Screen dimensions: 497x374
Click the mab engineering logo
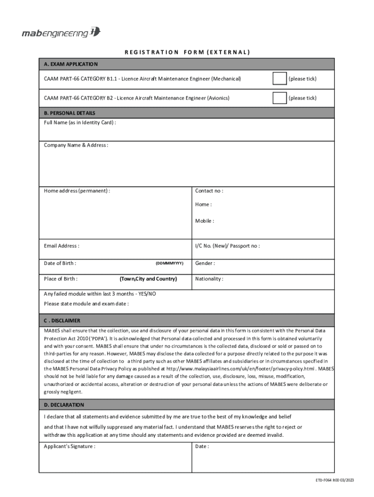coord(61,33)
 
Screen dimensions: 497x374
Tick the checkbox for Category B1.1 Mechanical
coord(279,79)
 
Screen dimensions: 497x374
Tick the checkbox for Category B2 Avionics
coord(279,98)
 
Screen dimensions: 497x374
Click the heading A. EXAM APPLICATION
coord(71,64)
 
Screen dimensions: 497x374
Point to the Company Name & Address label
coord(76,145)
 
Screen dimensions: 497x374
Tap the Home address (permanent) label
coord(77,191)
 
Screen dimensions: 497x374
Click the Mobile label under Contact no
coord(204,221)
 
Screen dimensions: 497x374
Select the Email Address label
coord(62,246)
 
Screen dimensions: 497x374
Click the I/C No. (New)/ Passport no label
coord(227,246)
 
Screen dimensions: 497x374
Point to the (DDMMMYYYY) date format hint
coord(169,263)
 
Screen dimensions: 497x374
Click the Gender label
coord(205,263)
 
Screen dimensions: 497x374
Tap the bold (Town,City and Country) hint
coord(148,279)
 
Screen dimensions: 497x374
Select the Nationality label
coord(209,279)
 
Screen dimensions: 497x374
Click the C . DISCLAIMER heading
coord(62,321)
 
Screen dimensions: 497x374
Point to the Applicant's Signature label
coord(69,447)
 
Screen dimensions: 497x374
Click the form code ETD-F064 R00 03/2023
coord(334,480)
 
